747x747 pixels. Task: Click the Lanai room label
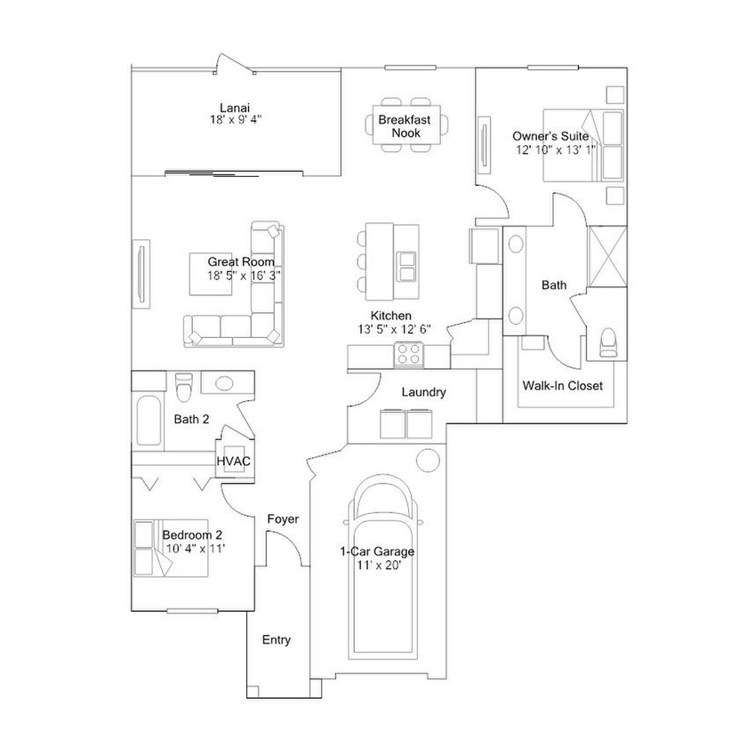pos(235,108)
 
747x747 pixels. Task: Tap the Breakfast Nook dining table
pos(406,125)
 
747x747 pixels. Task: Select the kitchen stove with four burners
pos(409,355)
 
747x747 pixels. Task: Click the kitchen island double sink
pos(407,266)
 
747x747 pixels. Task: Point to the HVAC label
pos(233,462)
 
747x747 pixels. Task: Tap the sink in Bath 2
pos(223,382)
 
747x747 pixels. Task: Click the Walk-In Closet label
pos(563,385)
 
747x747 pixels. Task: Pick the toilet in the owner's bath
pos(608,342)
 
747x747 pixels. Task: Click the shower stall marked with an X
pos(607,257)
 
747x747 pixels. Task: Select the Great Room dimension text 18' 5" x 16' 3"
pos(244,276)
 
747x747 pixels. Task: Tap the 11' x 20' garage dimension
pos(379,565)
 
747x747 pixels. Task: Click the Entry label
pos(277,639)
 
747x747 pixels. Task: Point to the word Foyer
pos(283,518)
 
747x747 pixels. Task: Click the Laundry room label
pos(424,392)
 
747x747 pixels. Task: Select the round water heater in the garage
pos(428,461)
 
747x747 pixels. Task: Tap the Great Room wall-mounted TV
pos(141,274)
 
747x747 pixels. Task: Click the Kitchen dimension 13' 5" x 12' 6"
pos(395,329)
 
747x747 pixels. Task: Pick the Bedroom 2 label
pos(192,535)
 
